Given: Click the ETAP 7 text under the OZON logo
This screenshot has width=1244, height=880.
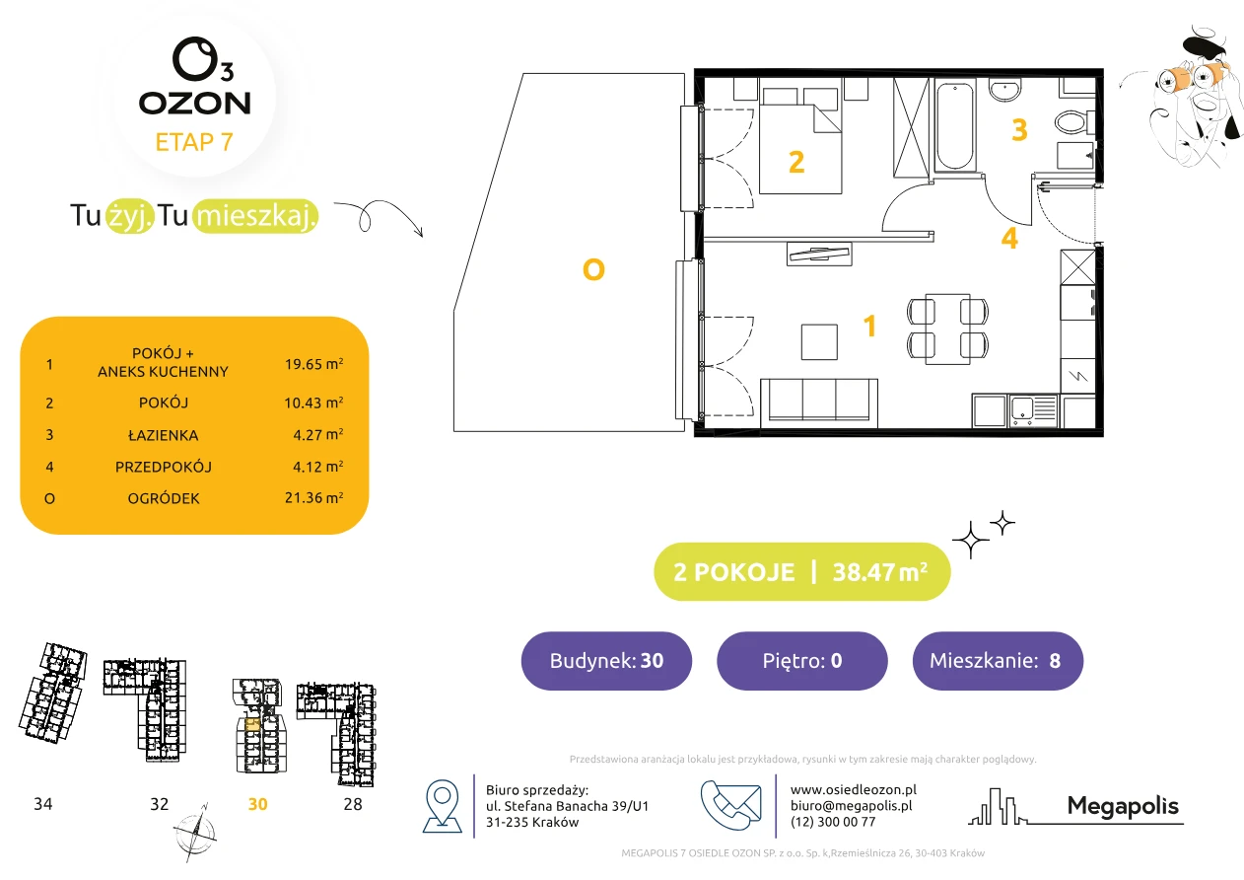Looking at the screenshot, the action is point(194,142).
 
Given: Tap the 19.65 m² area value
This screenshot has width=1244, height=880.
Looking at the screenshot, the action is point(313,364).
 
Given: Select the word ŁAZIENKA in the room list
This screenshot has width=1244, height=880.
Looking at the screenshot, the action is point(164,435).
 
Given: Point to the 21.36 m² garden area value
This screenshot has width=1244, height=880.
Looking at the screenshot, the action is point(313,497).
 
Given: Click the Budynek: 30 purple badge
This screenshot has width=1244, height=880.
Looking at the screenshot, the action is point(606,660).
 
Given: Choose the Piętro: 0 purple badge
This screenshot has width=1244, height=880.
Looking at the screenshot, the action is point(802,660).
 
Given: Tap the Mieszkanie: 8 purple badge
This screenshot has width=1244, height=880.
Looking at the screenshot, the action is point(998,660).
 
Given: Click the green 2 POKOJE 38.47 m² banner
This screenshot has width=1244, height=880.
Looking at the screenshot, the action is point(802,571).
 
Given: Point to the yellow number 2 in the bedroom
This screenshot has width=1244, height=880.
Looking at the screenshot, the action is point(796,162).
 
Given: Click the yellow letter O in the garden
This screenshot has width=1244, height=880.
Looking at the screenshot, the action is point(593,269).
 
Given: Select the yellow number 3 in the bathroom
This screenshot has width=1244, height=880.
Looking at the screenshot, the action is point(1019,129).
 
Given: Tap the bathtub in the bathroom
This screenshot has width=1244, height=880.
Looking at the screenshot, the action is point(954,125).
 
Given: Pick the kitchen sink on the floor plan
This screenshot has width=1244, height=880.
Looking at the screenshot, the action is point(1033,411).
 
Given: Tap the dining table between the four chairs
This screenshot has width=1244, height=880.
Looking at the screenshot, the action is point(947,330).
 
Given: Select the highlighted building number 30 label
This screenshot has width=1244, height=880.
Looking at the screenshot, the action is point(257,804).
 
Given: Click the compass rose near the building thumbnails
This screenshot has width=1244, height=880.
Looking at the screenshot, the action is point(195,834).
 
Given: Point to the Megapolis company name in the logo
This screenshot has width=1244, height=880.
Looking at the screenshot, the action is point(1123,805).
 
